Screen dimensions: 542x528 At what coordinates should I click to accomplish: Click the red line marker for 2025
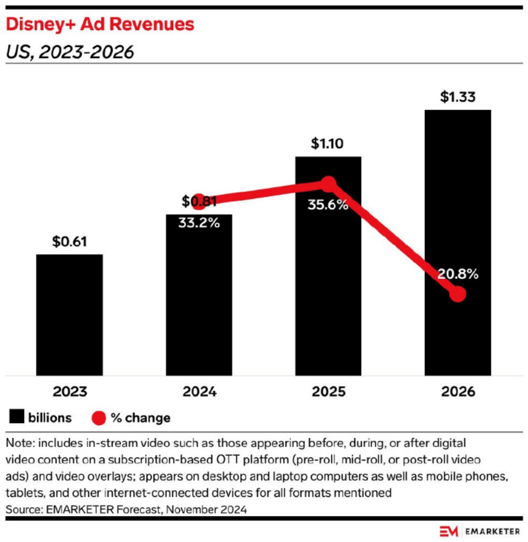(328, 184)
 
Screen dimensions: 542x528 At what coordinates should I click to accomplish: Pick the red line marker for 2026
(458, 294)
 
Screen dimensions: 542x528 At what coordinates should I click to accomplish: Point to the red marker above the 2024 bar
(199, 201)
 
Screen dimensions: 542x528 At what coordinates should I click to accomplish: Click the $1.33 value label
(458, 97)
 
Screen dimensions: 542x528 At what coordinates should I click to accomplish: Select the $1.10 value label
(327, 143)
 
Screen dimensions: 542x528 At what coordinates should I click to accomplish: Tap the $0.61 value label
(69, 242)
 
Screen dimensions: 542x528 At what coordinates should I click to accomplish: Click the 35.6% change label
(328, 205)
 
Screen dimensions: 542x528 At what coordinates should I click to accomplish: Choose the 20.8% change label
(458, 274)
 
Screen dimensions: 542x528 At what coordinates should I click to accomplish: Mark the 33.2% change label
(199, 223)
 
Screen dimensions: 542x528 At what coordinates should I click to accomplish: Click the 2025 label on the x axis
(329, 392)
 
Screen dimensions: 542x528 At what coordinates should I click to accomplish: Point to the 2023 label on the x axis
(70, 392)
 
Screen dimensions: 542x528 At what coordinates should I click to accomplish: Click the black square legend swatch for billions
(16, 417)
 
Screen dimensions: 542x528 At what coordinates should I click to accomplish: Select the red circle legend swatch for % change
(99, 418)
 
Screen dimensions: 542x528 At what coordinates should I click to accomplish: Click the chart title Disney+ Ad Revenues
(100, 24)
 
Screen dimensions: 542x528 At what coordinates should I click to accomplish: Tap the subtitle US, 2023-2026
(70, 52)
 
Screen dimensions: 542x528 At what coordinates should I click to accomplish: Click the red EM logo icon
(449, 531)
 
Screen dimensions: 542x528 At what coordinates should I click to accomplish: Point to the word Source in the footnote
(23, 509)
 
